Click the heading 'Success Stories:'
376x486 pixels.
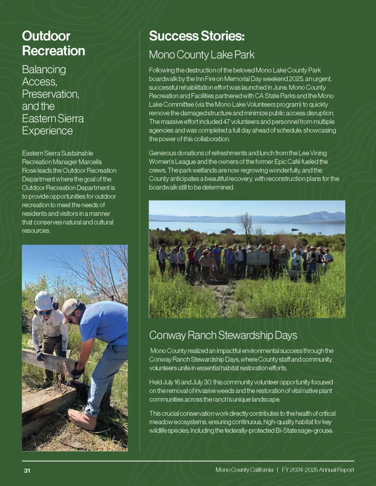(x=197, y=36)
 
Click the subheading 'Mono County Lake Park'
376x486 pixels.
(x=201, y=55)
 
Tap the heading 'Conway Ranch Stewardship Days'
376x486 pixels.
(x=223, y=335)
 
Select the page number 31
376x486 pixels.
(x=27, y=471)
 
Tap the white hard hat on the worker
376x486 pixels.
(x=44, y=301)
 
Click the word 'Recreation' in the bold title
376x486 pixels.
(x=53, y=51)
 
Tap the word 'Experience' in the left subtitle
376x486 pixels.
(x=47, y=130)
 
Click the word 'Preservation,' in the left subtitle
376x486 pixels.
(x=50, y=94)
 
